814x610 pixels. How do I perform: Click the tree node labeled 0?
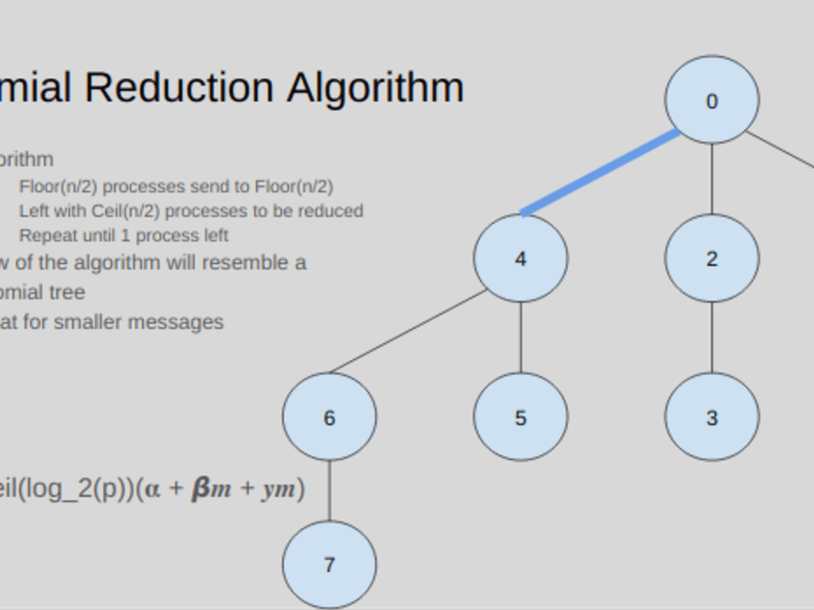click(712, 100)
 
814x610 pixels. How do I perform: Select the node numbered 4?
click(520, 258)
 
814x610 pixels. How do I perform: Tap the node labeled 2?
click(712, 258)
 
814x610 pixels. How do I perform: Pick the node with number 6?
click(329, 417)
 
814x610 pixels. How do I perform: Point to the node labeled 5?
click(520, 417)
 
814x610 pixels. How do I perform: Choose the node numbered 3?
click(712, 417)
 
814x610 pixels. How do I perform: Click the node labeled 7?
click(329, 564)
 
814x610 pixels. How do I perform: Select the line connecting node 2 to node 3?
click(712, 337)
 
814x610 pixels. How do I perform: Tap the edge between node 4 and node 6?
click(408, 331)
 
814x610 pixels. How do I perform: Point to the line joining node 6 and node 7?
click(329, 491)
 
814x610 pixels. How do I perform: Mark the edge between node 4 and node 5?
click(521, 337)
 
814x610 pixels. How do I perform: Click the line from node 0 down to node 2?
click(712, 179)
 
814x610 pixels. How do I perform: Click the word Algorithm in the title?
click(375, 88)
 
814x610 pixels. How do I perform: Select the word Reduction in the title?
click(179, 88)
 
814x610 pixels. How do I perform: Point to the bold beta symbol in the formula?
click(201, 489)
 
